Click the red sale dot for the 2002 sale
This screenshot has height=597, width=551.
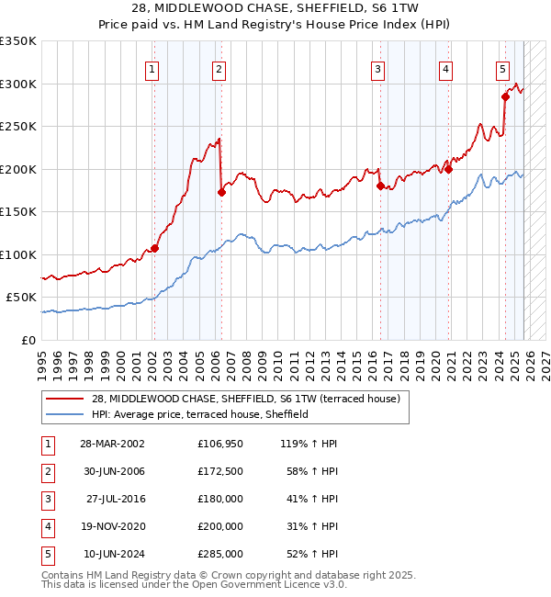click(155, 248)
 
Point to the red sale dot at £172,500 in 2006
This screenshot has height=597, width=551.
click(221, 192)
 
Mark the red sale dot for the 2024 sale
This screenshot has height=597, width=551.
click(505, 96)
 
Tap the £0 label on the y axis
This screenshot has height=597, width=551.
click(28, 340)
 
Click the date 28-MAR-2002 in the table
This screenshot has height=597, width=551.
click(112, 443)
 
